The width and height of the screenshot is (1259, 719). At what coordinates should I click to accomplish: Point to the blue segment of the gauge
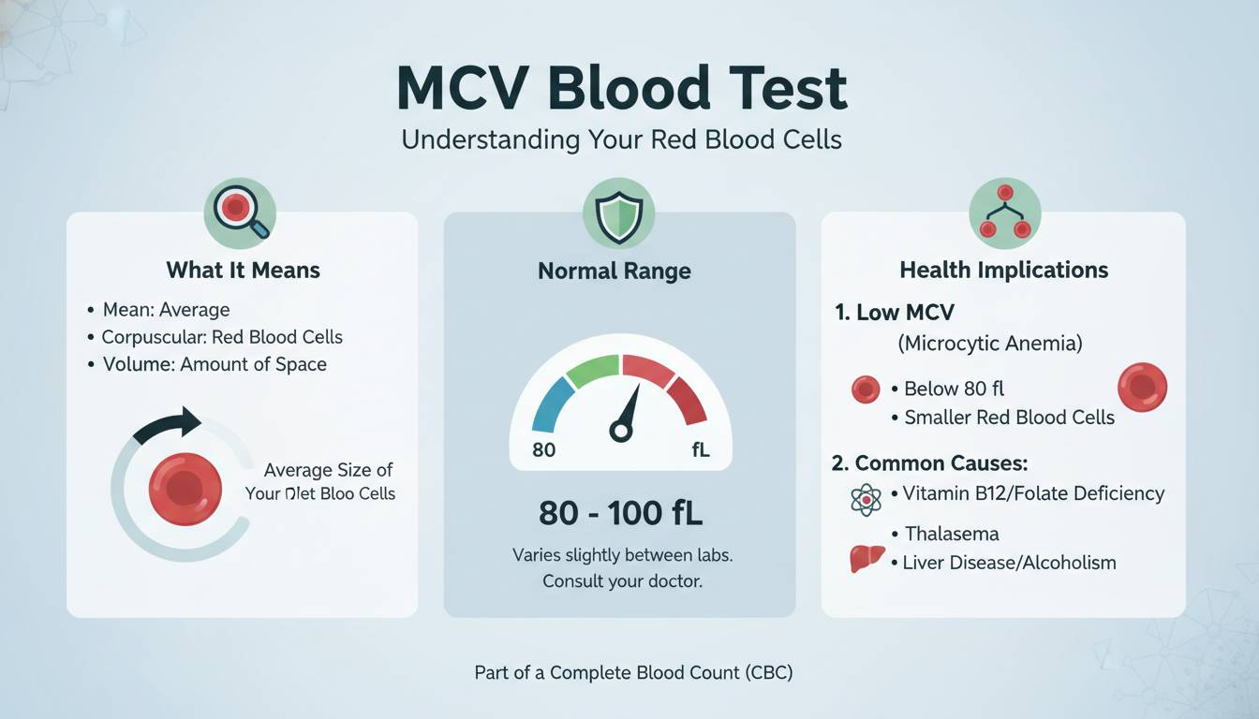point(552,404)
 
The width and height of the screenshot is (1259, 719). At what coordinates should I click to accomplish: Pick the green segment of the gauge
point(592,371)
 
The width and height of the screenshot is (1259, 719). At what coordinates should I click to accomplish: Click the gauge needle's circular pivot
point(619,431)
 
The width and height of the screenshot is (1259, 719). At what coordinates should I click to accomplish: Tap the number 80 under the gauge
point(543,450)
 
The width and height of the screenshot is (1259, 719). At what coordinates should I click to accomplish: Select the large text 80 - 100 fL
point(620,513)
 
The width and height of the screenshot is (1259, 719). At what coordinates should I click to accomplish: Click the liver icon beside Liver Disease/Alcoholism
point(866,559)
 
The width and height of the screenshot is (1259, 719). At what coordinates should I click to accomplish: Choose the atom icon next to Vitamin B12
point(866,500)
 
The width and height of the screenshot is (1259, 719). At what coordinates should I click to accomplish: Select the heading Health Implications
point(1003,271)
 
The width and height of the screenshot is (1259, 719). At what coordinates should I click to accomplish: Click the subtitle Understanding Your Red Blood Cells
point(621,140)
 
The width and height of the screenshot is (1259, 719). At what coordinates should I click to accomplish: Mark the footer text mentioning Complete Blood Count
point(633,672)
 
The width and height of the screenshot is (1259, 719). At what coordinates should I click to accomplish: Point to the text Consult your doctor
point(622,581)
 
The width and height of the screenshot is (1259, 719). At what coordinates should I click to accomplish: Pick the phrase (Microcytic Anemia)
point(989,344)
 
